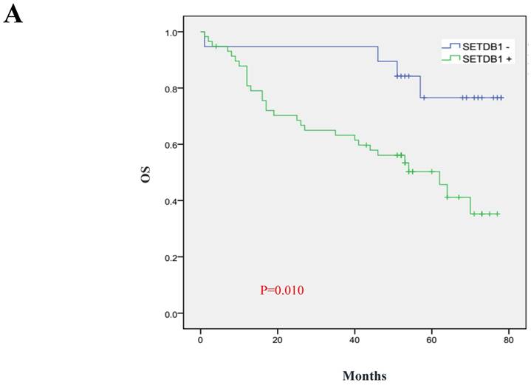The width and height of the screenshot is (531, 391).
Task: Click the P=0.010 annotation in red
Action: (x=281, y=290)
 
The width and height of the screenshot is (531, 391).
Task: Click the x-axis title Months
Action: (x=363, y=376)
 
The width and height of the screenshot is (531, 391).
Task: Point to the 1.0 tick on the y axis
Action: (x=171, y=33)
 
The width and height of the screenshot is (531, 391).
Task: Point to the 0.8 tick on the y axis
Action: (x=171, y=89)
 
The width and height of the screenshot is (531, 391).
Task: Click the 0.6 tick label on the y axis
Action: (x=171, y=145)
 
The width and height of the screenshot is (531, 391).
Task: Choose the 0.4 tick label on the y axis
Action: (x=171, y=201)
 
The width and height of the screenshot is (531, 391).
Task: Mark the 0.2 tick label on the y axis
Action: (x=171, y=257)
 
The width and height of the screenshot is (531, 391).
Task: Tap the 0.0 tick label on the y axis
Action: (x=171, y=313)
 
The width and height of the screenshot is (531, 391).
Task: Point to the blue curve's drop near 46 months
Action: (x=378, y=53)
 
